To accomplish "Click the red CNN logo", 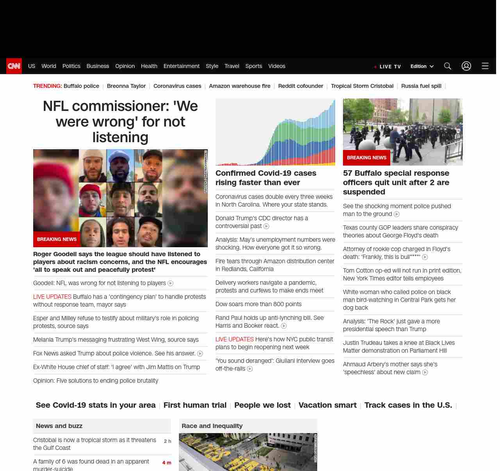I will click(x=14, y=66).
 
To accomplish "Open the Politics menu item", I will click(x=71, y=66).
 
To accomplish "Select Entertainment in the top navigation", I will click(x=181, y=66).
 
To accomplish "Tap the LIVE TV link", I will click(x=389, y=66).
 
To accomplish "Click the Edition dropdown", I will click(x=422, y=66).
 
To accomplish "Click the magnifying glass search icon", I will click(x=448, y=66).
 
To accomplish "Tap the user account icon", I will click(x=466, y=66).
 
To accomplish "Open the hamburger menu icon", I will click(x=485, y=66).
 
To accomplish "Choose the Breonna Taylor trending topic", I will click(x=126, y=86).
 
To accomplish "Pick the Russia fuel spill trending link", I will click(x=421, y=86).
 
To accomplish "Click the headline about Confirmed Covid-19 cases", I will click(x=266, y=178).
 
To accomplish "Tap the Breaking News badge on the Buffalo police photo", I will click(x=366, y=158).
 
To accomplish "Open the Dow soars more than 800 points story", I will click(x=259, y=304).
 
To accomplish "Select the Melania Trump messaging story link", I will click(x=116, y=340).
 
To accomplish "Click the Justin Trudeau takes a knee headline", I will click(x=398, y=346).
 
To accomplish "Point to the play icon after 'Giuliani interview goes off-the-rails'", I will click(x=250, y=369).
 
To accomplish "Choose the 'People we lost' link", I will click(x=262, y=405).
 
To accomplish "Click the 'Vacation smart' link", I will click(x=327, y=405).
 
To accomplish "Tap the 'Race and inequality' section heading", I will click(x=212, y=426).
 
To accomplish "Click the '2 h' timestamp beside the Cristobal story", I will click(x=167, y=441).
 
